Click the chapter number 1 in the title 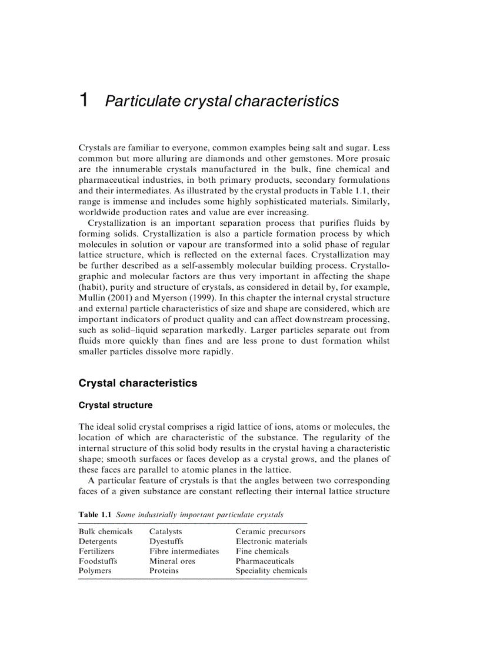point(84,100)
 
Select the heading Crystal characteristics point(138,383)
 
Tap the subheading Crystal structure point(115,406)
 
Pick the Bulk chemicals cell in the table point(106,532)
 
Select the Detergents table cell point(98,541)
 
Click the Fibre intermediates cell point(184,551)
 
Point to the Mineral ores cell point(172,561)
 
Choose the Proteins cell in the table point(164,571)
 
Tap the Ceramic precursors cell point(270,532)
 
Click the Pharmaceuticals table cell point(265,561)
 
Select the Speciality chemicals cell point(271,571)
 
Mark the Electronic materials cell point(271,541)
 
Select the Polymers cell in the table point(95,571)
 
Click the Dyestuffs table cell point(166,541)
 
